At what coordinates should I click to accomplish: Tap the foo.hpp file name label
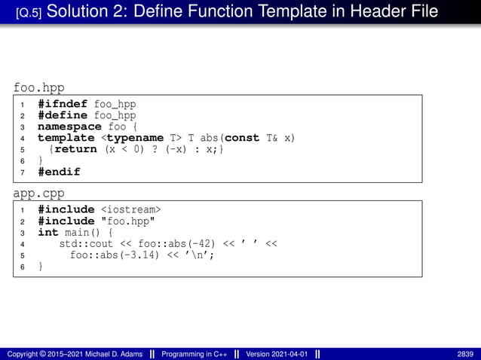click(38, 89)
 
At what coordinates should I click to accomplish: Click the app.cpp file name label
click(38, 194)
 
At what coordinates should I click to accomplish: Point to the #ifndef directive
click(63, 103)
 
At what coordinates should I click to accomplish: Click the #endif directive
click(59, 172)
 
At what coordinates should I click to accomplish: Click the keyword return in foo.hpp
click(75, 149)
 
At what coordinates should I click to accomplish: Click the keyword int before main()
click(48, 232)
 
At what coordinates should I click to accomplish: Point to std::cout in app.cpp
click(86, 243)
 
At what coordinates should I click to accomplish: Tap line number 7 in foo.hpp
click(23, 172)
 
